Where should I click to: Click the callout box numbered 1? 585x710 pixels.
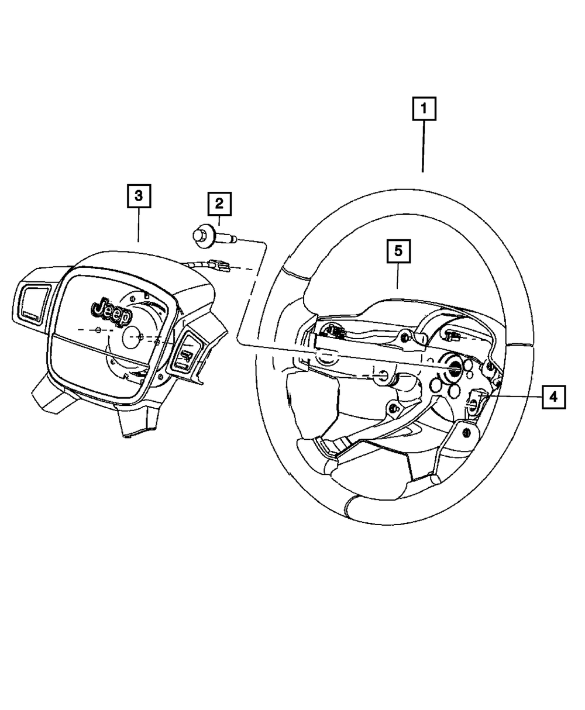click(x=424, y=109)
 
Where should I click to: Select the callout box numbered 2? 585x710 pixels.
click(x=219, y=203)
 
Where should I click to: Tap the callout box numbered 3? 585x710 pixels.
click(x=139, y=197)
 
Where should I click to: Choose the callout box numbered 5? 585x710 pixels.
click(x=398, y=251)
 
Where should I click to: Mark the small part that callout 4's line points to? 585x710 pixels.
click(x=475, y=399)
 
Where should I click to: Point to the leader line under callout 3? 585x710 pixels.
click(x=139, y=225)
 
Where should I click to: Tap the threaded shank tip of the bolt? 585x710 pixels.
click(x=233, y=239)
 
